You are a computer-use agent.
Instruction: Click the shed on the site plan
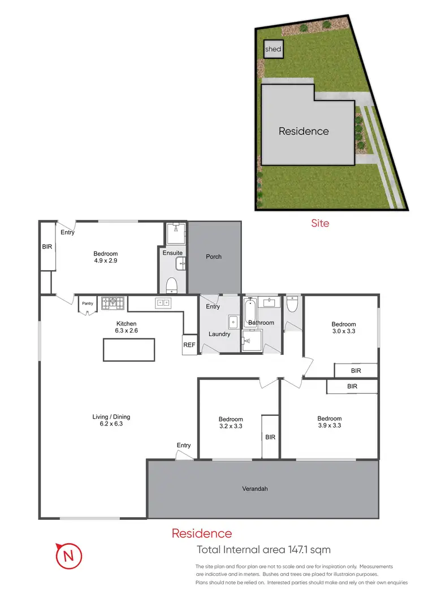click(x=272, y=49)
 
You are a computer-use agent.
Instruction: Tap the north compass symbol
click(x=69, y=556)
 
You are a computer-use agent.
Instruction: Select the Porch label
click(x=214, y=257)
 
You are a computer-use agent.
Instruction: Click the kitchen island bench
click(x=128, y=350)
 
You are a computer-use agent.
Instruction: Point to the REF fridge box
click(x=188, y=345)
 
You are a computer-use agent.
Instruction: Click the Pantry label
click(x=87, y=303)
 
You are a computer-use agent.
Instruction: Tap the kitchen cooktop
click(x=113, y=303)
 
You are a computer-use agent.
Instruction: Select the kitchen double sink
click(x=163, y=303)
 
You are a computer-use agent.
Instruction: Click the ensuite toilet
click(x=172, y=284)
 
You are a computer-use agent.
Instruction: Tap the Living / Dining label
click(x=107, y=417)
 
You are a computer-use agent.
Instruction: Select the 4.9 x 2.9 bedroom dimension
click(x=106, y=261)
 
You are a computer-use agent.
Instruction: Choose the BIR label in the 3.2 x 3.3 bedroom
click(x=270, y=437)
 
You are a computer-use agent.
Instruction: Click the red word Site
click(x=320, y=223)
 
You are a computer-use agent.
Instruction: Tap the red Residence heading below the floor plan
click(x=201, y=533)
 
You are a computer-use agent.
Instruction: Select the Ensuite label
click(x=172, y=253)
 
